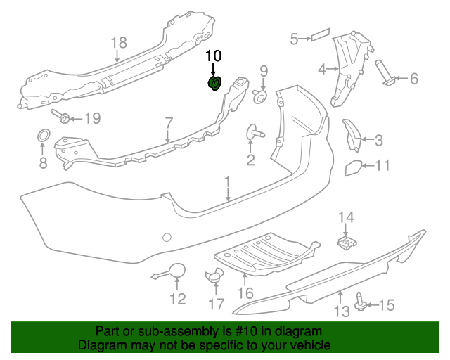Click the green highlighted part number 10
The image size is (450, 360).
214,84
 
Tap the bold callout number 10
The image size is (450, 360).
213,56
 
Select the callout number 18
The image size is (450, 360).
118,44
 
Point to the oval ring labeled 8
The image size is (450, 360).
43,135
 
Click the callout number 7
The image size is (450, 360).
169,123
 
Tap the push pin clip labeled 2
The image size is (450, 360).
253,131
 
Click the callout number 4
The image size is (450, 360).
322,70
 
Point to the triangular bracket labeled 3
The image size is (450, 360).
352,134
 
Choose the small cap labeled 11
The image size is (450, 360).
352,167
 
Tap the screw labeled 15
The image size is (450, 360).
363,303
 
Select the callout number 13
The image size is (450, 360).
340,310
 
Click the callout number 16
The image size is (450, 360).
245,292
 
